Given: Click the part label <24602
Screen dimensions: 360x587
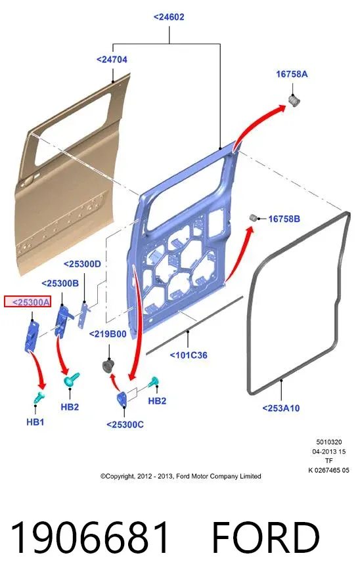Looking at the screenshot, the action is tap(169, 17).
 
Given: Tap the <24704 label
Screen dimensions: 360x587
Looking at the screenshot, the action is tap(112, 60).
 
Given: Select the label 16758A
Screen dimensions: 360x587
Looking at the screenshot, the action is tap(292, 74).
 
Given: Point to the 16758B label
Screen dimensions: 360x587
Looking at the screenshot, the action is tap(284, 219).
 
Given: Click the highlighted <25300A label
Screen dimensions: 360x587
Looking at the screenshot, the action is tap(28, 301).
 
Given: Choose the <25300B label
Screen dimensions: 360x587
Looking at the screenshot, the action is tap(60, 284).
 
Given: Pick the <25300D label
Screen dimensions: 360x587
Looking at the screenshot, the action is tap(82, 264).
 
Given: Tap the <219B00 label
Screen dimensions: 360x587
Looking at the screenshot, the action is tap(108, 334).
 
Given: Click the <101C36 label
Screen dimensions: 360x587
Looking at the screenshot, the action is tap(189, 355).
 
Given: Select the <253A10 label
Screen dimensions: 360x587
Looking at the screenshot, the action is tap(281, 408).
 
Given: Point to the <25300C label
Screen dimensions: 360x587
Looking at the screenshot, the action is tap(125, 425).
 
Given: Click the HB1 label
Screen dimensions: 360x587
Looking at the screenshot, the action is tap(35, 422).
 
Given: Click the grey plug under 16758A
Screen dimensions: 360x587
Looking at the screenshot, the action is tap(294, 100).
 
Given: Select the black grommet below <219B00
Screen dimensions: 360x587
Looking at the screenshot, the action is tap(108, 366).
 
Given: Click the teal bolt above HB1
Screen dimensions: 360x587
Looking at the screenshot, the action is tap(39, 397).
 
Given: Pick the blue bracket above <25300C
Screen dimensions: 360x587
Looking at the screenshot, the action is tap(122, 399).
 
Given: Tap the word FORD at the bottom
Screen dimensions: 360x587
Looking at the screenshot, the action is tap(265, 538).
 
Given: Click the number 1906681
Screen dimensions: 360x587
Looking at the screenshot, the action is tap(89, 538).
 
